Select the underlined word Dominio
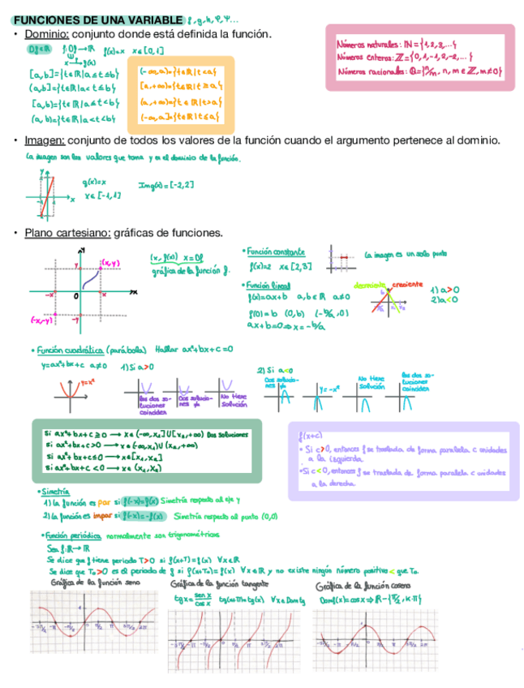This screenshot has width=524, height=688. click(47, 34)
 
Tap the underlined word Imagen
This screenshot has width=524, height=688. click(43, 141)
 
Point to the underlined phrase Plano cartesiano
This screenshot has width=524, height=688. click(67, 233)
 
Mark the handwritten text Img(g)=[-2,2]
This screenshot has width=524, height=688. click(165, 186)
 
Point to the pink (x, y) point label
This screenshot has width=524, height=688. click(110, 263)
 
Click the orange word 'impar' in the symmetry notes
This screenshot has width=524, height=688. click(101, 515)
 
